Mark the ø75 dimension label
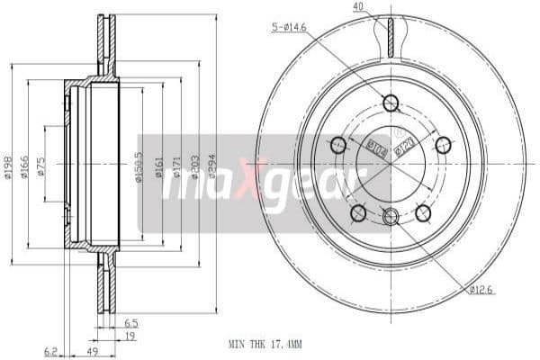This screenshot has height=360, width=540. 42,167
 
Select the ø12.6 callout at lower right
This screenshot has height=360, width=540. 481,289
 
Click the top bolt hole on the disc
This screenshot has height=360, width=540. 390,103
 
